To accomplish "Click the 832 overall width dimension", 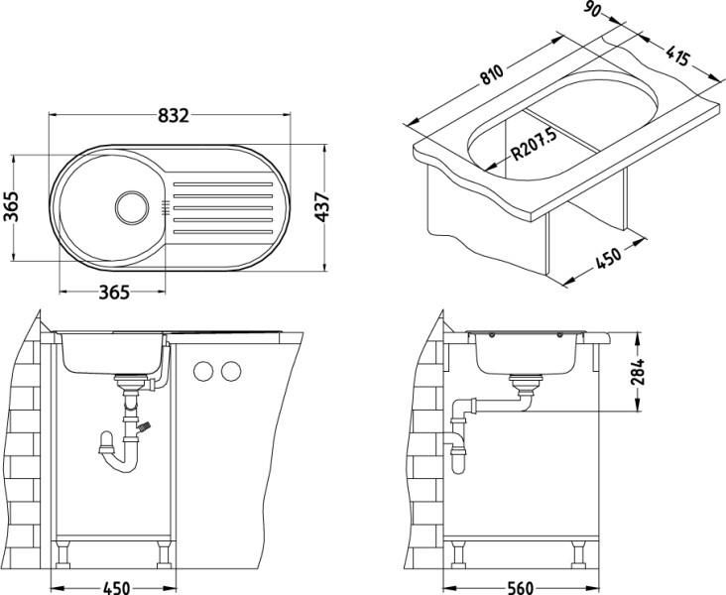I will pyautogui.click(x=173, y=114).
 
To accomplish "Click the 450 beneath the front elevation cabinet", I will pyautogui.click(x=117, y=586).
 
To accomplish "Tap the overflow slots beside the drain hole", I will pyautogui.click(x=163, y=207).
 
